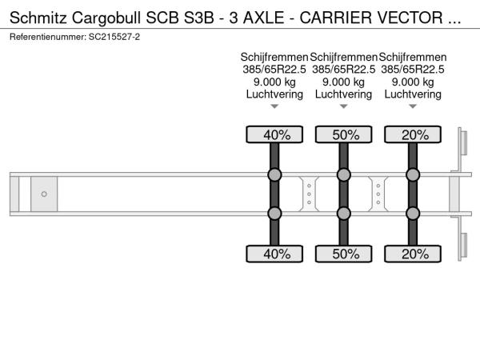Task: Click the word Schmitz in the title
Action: [38, 18]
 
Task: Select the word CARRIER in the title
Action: [336, 18]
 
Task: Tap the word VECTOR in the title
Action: [410, 18]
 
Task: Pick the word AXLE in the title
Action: [263, 18]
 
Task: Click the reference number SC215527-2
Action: [114, 37]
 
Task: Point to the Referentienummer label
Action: [48, 37]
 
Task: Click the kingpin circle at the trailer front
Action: [44, 194]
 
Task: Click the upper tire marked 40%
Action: [274, 134]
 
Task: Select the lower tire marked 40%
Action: [274, 254]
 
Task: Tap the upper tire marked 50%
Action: [344, 134]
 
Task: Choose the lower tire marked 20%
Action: [413, 254]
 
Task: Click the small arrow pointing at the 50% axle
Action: [344, 106]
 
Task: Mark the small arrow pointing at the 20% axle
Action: [413, 106]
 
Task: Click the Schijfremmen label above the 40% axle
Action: [274, 58]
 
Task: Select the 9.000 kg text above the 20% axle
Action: [413, 82]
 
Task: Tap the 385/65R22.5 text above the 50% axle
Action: [344, 70]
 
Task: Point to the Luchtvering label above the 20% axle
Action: [413, 94]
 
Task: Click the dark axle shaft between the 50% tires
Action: [344, 194]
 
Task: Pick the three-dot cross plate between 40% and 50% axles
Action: [309, 194]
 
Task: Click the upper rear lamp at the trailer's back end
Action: [463, 143]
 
